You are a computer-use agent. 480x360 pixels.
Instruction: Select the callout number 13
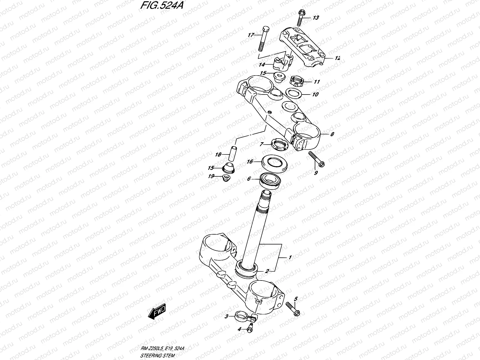pos(316,18)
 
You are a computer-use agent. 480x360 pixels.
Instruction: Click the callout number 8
pos(332,134)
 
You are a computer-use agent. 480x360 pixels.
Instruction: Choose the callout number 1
pos(290,257)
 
